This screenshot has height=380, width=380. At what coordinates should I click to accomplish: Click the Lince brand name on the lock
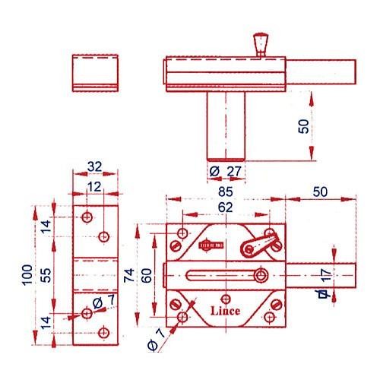click(225, 311)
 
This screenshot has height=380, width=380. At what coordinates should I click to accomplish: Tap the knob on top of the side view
click(261, 44)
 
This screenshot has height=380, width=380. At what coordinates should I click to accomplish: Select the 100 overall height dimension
click(27, 275)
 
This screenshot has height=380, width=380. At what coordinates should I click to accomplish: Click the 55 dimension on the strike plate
click(46, 275)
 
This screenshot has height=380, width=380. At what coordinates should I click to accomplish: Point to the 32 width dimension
click(94, 166)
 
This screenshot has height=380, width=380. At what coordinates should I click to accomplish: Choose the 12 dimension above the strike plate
click(94, 187)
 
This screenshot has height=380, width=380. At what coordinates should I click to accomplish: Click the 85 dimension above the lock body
click(225, 192)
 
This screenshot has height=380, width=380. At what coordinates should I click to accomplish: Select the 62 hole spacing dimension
click(225, 207)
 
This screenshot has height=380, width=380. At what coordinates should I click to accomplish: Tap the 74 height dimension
click(128, 275)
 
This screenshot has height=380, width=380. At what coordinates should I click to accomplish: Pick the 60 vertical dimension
click(147, 275)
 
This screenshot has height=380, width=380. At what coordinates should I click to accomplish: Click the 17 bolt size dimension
click(326, 274)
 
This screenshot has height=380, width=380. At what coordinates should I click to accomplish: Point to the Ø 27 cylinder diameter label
click(225, 172)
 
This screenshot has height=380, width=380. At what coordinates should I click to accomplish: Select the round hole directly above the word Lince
click(226, 299)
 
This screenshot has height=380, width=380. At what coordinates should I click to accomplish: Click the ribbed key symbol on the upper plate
click(211, 245)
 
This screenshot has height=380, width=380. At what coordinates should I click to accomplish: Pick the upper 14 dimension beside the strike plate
click(46, 227)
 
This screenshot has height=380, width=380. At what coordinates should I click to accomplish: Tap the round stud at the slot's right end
click(261, 275)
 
